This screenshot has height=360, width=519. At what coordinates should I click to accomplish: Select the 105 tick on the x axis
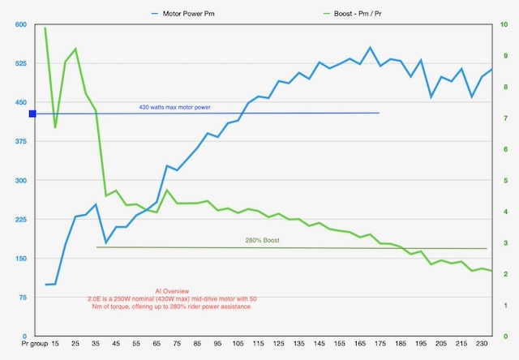[x=238, y=345]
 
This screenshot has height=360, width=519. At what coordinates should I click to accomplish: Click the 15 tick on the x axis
[x=55, y=345]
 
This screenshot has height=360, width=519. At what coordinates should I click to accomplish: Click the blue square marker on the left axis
[x=32, y=114]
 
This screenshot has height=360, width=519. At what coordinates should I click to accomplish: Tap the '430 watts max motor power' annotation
[x=174, y=107]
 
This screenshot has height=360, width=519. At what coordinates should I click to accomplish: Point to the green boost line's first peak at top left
[x=45, y=28]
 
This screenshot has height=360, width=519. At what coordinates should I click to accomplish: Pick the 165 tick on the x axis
[x=361, y=345]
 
